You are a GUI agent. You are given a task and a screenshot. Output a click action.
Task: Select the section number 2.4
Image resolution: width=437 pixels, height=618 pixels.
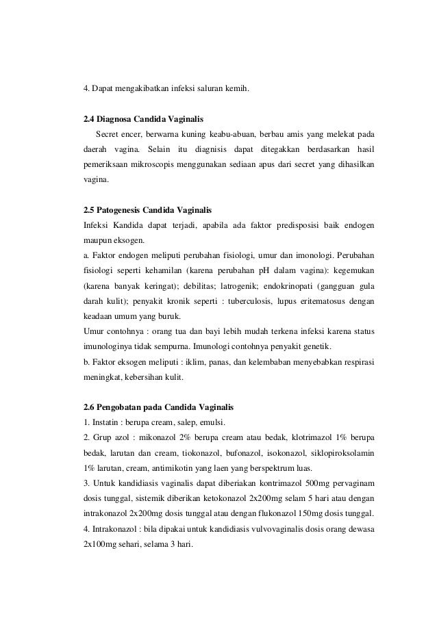(89, 118)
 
